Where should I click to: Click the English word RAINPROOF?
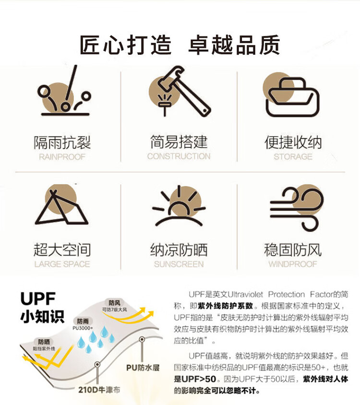[x=62, y=157]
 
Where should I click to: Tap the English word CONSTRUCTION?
[x=179, y=156]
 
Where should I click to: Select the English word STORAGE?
[x=293, y=157]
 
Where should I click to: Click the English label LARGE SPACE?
[x=62, y=264]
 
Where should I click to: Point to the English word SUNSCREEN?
[x=179, y=264]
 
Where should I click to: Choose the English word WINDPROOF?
[x=293, y=264]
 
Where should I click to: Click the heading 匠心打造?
[x=125, y=45]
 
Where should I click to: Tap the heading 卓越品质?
[x=234, y=45]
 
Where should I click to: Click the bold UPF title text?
[x=38, y=299]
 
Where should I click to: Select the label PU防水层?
[x=143, y=368]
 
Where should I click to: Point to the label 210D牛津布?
[x=99, y=390]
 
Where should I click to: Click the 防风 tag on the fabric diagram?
[x=114, y=303]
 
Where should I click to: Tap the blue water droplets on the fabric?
[x=96, y=339]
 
